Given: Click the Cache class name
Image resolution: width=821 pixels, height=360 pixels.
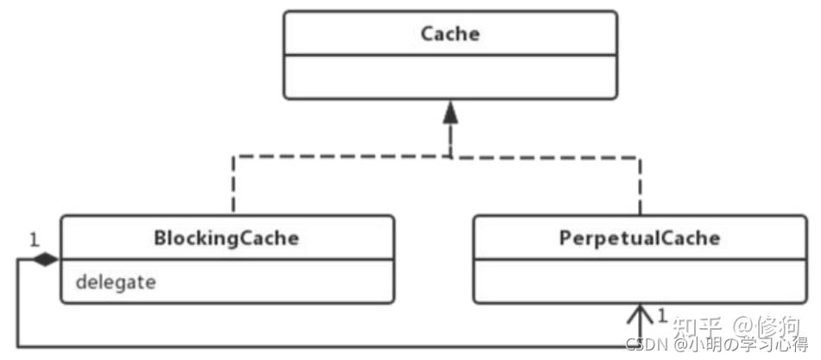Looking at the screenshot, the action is coord(451,34).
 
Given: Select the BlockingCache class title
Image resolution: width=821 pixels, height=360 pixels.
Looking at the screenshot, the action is coord(226,238).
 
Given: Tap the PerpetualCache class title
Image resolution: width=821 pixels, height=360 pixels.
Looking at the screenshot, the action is coord(640,238).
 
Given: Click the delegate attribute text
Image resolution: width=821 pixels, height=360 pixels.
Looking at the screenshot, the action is coord(116,282).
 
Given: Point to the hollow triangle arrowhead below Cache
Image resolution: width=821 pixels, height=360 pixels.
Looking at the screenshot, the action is coord(451,114).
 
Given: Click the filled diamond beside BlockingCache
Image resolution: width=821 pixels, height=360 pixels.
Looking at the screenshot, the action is coord(46,259).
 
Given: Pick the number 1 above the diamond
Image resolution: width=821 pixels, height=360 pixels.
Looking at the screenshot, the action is coord(34,241).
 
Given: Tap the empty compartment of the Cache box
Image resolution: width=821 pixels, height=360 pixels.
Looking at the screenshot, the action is coord(451,76).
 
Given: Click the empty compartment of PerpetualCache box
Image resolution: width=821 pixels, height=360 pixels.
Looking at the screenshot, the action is coord(640,281).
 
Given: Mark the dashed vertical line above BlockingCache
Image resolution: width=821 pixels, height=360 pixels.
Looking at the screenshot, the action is coord(233,185).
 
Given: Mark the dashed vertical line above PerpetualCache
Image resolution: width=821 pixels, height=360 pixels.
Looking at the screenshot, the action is coord(640,185).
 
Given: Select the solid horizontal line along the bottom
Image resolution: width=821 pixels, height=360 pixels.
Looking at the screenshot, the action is coord(329,346).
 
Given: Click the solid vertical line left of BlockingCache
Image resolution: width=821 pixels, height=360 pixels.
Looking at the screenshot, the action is coord(18,302).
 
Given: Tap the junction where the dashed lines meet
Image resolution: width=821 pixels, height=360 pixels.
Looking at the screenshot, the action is coord(451,156).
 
